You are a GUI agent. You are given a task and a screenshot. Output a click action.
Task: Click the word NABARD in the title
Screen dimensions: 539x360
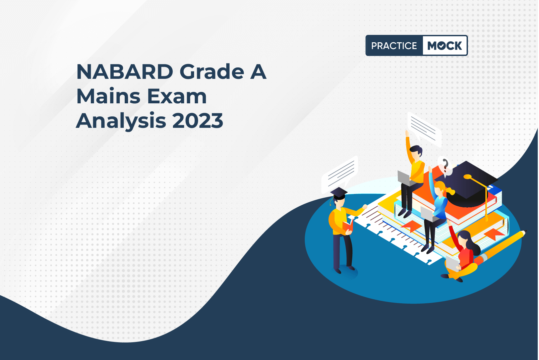point(125,71)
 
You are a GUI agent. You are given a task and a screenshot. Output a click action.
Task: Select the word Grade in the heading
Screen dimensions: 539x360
point(212,71)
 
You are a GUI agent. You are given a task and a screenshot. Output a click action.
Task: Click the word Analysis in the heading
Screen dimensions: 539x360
point(121,121)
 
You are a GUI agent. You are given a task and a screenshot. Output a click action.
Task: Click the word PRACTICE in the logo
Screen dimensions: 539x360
point(394,46)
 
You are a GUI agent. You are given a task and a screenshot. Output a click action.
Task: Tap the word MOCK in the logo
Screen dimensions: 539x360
point(445,46)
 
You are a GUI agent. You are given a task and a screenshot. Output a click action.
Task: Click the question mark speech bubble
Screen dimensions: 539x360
point(445,166)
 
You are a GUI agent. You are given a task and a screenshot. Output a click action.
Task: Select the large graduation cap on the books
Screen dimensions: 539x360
point(467,184)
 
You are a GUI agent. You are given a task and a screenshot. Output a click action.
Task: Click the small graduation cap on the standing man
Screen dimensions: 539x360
point(339,193)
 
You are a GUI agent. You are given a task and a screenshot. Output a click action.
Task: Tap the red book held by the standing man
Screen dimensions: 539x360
point(348,226)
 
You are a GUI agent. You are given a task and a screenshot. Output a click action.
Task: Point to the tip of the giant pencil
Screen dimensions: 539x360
point(526,231)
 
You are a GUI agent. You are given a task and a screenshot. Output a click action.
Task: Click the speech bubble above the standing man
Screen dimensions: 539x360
point(340,174)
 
